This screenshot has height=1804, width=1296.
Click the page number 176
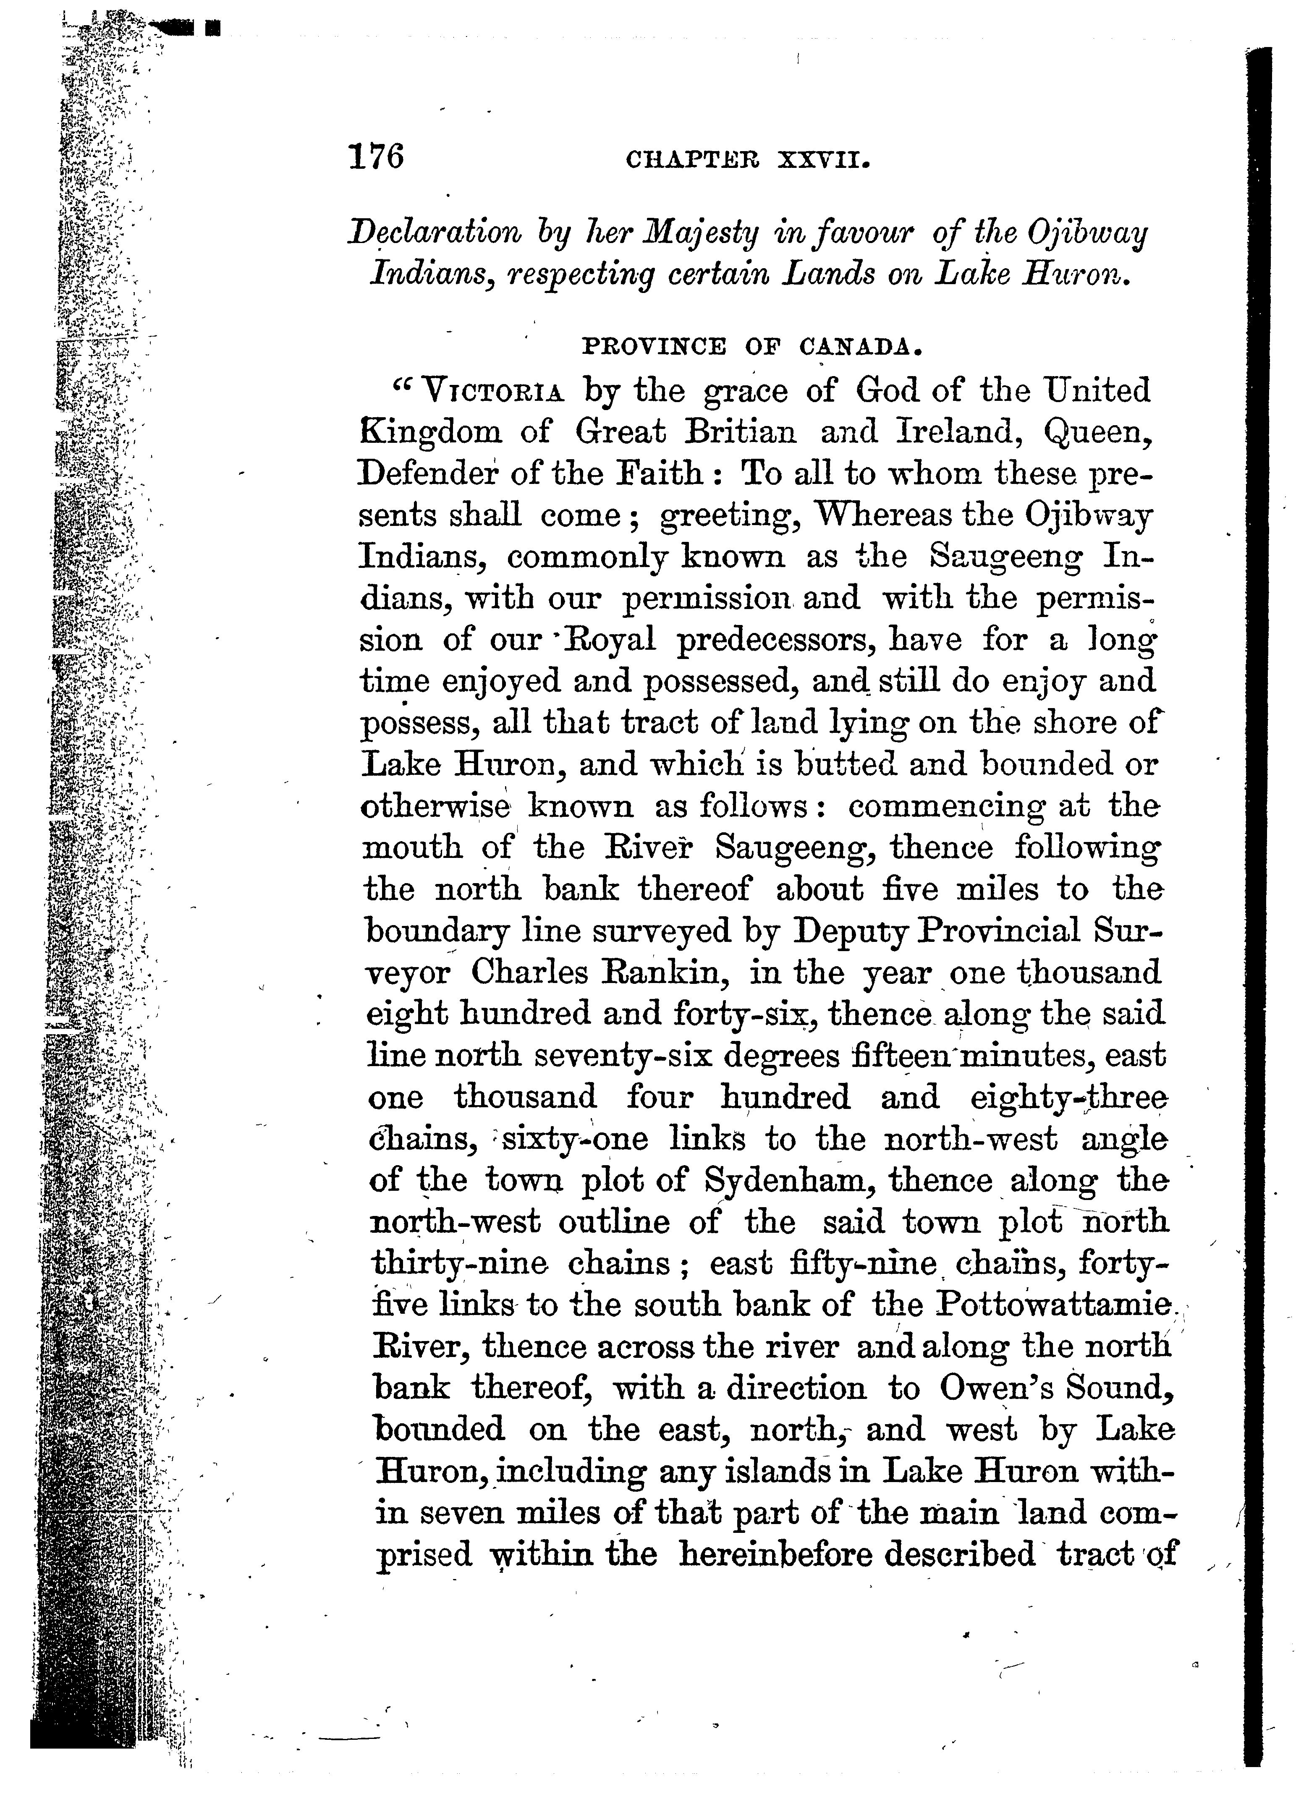tap(376, 157)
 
